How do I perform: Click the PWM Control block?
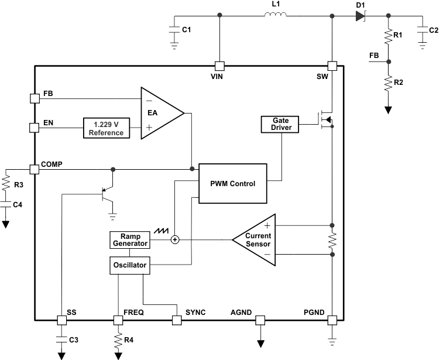pos(232,183)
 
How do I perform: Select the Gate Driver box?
pos(280,124)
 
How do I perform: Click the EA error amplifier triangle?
pos(159,113)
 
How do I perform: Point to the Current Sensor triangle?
pos(255,239)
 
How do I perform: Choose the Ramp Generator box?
pos(130,239)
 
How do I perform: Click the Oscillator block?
pos(130,265)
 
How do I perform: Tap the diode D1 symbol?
pos(359,15)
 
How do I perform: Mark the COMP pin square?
pos(34,169)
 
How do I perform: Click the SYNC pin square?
pos(176,320)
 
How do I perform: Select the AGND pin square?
pos(260,320)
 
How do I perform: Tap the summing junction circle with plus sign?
pos(174,239)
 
